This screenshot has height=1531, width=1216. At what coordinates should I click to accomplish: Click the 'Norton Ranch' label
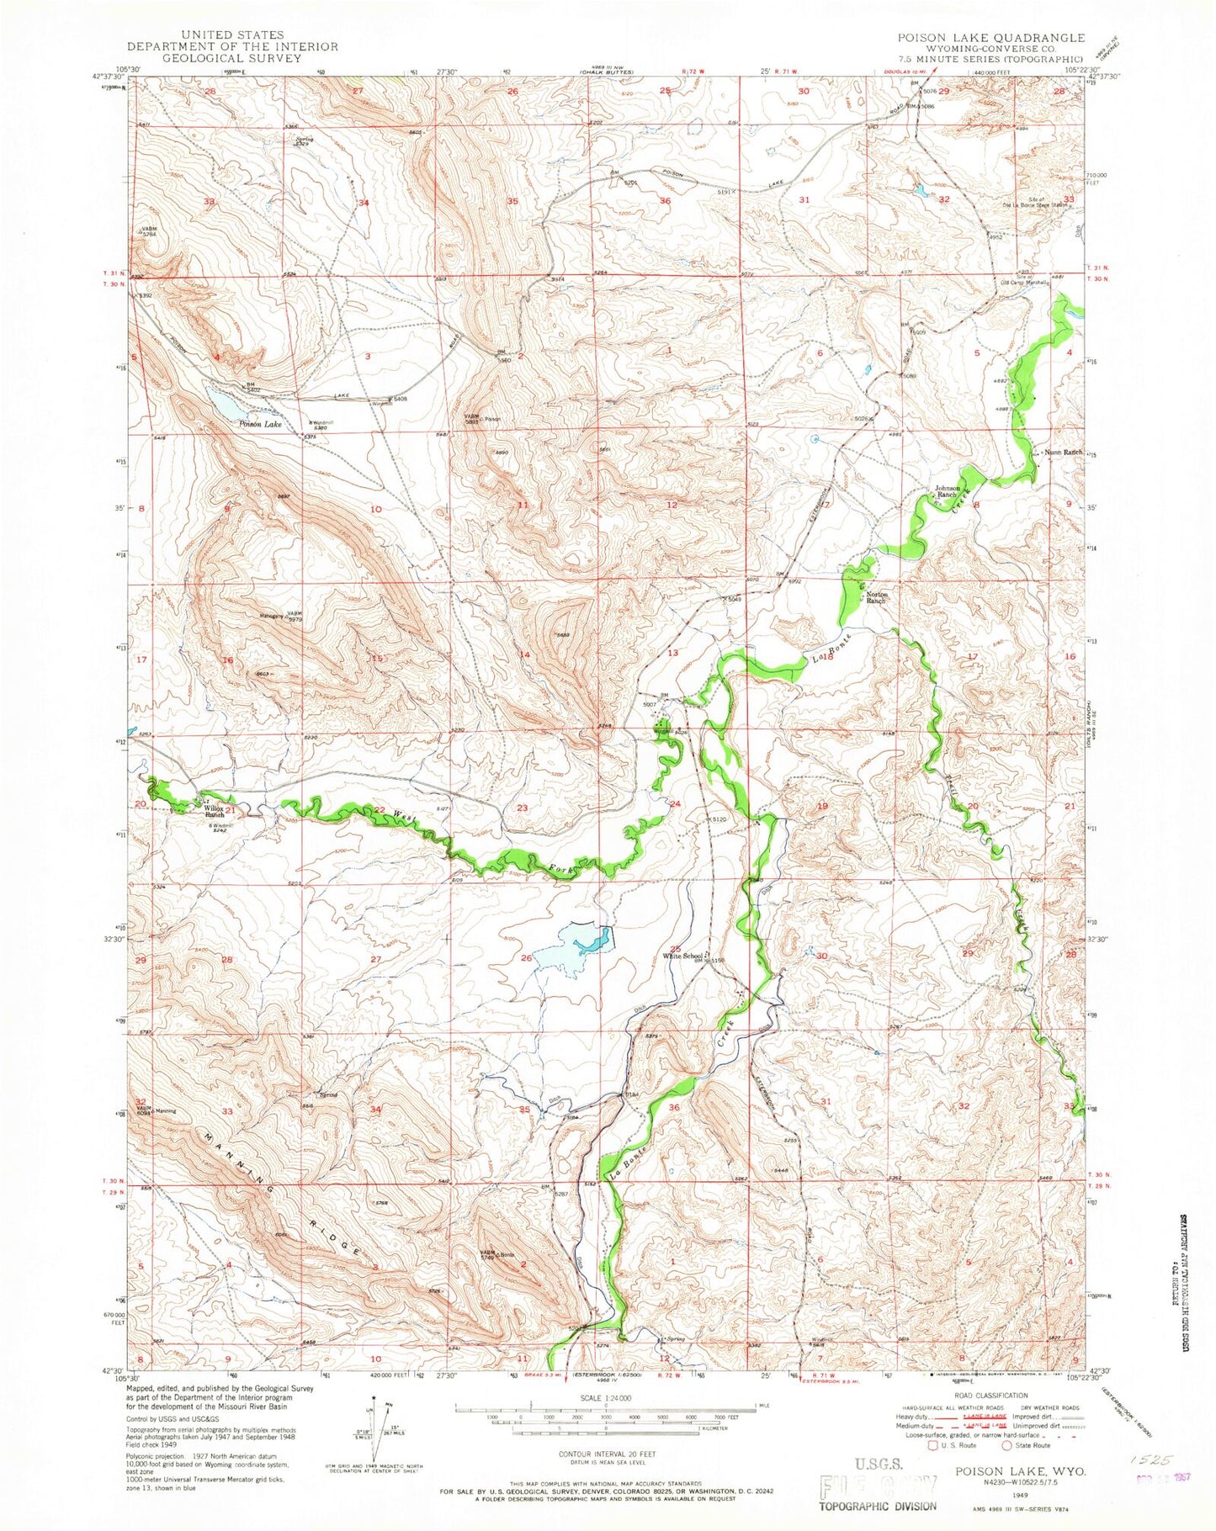(x=876, y=598)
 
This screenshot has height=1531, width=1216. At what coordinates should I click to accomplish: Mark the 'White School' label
(x=685, y=956)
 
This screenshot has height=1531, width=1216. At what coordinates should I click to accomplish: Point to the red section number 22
(x=380, y=809)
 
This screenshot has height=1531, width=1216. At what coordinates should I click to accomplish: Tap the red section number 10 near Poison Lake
(x=376, y=510)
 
